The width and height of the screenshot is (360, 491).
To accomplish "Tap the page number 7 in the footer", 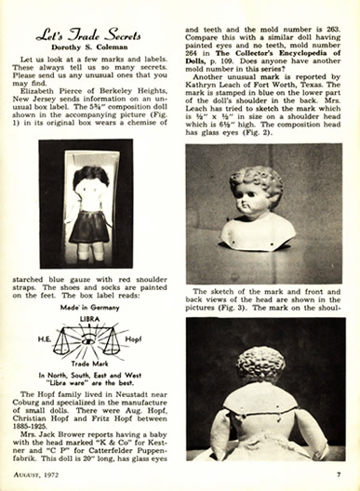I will tap(340, 474).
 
